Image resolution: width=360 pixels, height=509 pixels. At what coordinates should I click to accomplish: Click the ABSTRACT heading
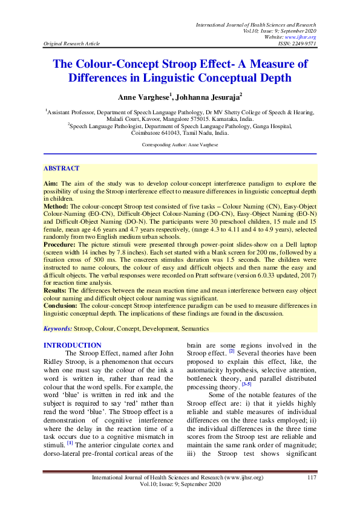(x=62, y=169)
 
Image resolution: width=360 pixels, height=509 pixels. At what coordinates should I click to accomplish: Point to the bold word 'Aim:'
(x=50, y=182)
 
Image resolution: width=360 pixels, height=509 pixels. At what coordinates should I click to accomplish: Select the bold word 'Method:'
(x=56, y=207)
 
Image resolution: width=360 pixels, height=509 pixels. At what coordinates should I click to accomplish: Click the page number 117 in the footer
(x=312, y=478)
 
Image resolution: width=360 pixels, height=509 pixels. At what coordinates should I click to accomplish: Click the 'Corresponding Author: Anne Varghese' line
(x=180, y=145)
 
